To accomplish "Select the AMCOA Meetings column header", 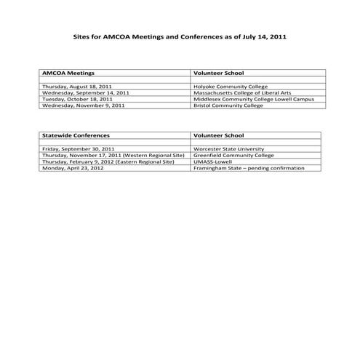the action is click(x=68, y=73).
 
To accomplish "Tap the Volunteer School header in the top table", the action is click(x=218, y=73).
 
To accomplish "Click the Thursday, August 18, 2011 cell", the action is click(x=77, y=87).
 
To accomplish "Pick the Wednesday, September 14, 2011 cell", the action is click(x=85, y=93).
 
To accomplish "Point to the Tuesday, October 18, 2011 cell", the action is click(x=77, y=99).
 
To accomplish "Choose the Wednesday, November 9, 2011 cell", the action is click(x=84, y=105).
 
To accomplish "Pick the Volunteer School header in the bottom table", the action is click(x=218, y=136).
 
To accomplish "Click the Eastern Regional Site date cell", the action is click(x=108, y=161).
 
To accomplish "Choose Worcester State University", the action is click(x=226, y=149).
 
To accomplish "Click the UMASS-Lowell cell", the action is click(x=212, y=161).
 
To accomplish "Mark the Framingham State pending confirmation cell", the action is click(x=247, y=168).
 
